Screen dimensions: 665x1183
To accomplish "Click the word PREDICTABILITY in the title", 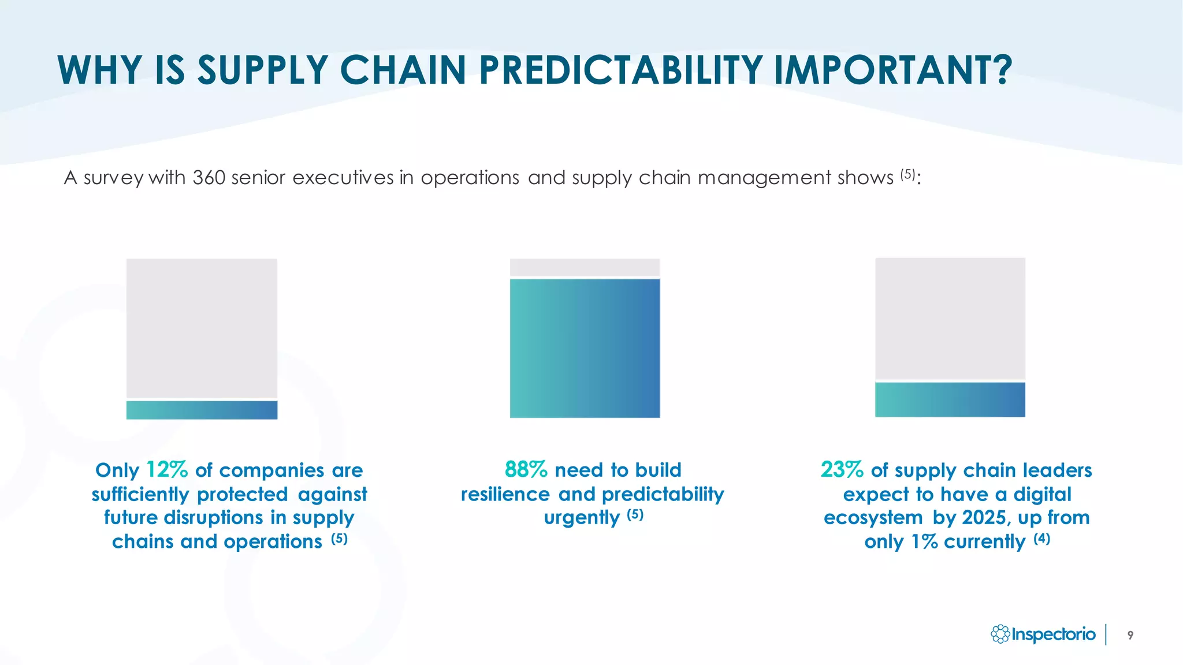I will click(620, 70).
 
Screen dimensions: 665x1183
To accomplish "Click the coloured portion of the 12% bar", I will click(202, 410).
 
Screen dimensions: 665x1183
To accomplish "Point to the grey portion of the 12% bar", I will click(202, 328).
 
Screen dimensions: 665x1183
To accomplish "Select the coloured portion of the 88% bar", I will click(585, 348).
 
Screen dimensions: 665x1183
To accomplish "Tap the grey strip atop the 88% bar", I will click(585, 267).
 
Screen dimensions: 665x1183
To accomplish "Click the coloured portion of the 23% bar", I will click(950, 399).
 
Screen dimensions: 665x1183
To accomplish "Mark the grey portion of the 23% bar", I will click(950, 318).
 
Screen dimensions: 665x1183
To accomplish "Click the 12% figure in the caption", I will click(167, 470).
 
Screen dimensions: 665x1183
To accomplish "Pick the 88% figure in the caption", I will click(526, 470).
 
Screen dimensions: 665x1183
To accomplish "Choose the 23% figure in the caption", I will click(842, 470).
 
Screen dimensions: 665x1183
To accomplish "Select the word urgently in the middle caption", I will click(582, 518).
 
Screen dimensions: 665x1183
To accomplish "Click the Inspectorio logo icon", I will click(1000, 634).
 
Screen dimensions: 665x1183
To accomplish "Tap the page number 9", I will click(1130, 635).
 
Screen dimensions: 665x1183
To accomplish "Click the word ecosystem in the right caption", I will click(873, 518).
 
